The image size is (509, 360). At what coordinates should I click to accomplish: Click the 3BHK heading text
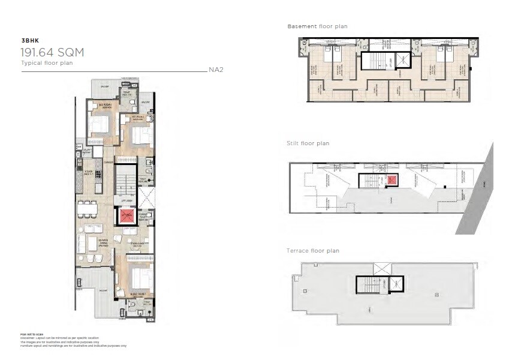coord(29,41)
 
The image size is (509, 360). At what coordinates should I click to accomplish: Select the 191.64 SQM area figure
coord(52,52)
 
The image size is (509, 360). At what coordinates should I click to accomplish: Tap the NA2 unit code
coord(216,70)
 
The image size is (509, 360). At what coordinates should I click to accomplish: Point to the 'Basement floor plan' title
coord(317,26)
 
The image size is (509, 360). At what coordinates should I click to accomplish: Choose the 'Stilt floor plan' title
coord(308,143)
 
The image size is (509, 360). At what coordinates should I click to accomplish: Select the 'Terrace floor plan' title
coord(313,250)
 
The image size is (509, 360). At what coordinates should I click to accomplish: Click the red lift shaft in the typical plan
coord(127,216)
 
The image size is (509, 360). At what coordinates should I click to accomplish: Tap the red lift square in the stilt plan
coord(391,180)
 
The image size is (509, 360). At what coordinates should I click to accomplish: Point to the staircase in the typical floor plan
coord(126,181)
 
